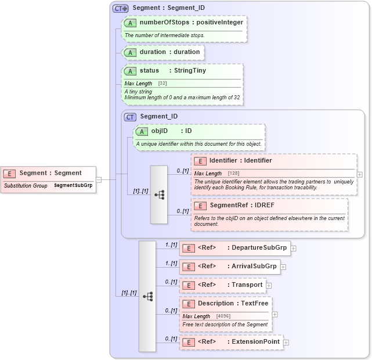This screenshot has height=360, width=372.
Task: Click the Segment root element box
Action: [x=49, y=173]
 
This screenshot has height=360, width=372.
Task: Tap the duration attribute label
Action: [x=153, y=52]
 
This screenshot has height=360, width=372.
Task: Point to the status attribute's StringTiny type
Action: [x=190, y=71]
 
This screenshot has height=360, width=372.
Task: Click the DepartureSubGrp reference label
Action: [x=257, y=248]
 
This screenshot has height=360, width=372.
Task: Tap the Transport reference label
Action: [x=247, y=285]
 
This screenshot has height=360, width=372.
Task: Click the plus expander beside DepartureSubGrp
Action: [x=293, y=249]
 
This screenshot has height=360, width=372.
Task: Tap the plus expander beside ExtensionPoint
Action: [x=286, y=343]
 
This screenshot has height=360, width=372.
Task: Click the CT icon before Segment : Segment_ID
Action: [x=121, y=9]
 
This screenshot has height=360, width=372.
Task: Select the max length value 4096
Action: [x=223, y=316]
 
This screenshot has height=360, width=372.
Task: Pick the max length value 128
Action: [x=234, y=174]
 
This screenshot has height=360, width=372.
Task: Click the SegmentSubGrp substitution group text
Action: [x=73, y=186]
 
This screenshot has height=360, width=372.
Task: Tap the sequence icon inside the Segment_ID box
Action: [x=159, y=195]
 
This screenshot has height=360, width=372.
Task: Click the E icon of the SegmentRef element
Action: [x=200, y=206]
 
